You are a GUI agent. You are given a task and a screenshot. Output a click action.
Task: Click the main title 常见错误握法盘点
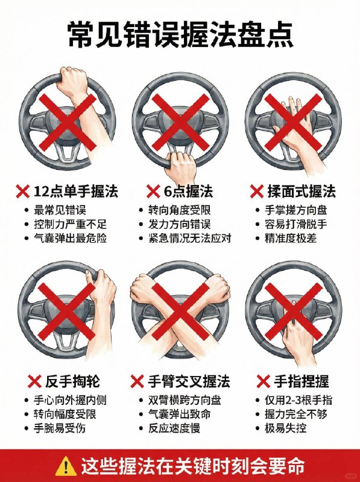coord(180,34)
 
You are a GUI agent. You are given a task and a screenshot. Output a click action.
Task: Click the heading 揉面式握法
coord(302,192)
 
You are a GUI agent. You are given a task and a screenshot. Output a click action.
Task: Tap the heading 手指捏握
coord(302,381)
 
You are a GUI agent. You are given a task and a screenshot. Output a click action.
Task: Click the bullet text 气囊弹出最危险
coord(71,238)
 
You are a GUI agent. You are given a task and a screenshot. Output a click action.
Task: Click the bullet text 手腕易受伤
coord(66,428)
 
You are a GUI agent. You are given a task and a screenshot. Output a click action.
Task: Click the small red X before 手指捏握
coord(263,381)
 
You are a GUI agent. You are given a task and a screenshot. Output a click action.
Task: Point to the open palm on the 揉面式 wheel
coord(295,117)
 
